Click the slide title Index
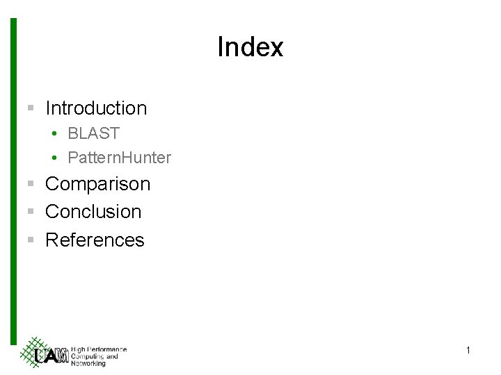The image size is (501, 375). (x=250, y=48)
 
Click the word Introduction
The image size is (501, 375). (x=96, y=108)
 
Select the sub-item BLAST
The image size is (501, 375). (x=94, y=133)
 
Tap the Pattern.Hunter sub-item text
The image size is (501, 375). (x=119, y=158)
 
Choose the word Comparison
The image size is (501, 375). (x=97, y=184)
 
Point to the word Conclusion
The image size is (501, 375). (x=93, y=212)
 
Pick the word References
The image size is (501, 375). (x=95, y=240)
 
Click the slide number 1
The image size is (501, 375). (x=468, y=351)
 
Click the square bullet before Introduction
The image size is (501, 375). (x=31, y=108)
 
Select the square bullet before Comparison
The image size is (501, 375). (x=31, y=184)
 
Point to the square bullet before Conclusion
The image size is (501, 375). (x=31, y=212)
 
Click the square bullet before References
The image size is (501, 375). (x=31, y=240)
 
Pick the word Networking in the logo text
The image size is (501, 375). (x=88, y=363)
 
